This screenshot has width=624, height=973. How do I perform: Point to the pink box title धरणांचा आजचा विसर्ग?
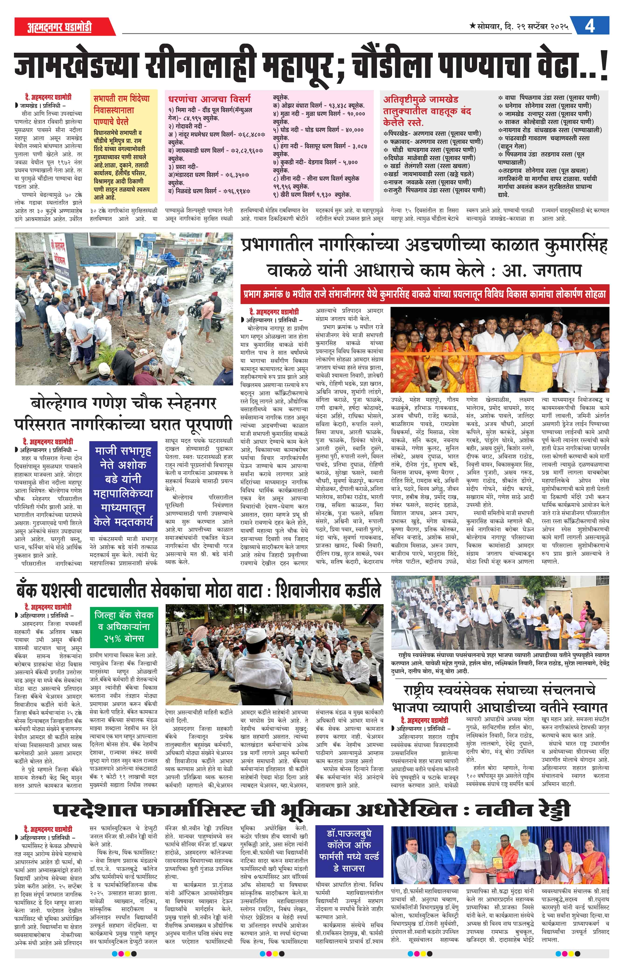pos(210,98)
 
